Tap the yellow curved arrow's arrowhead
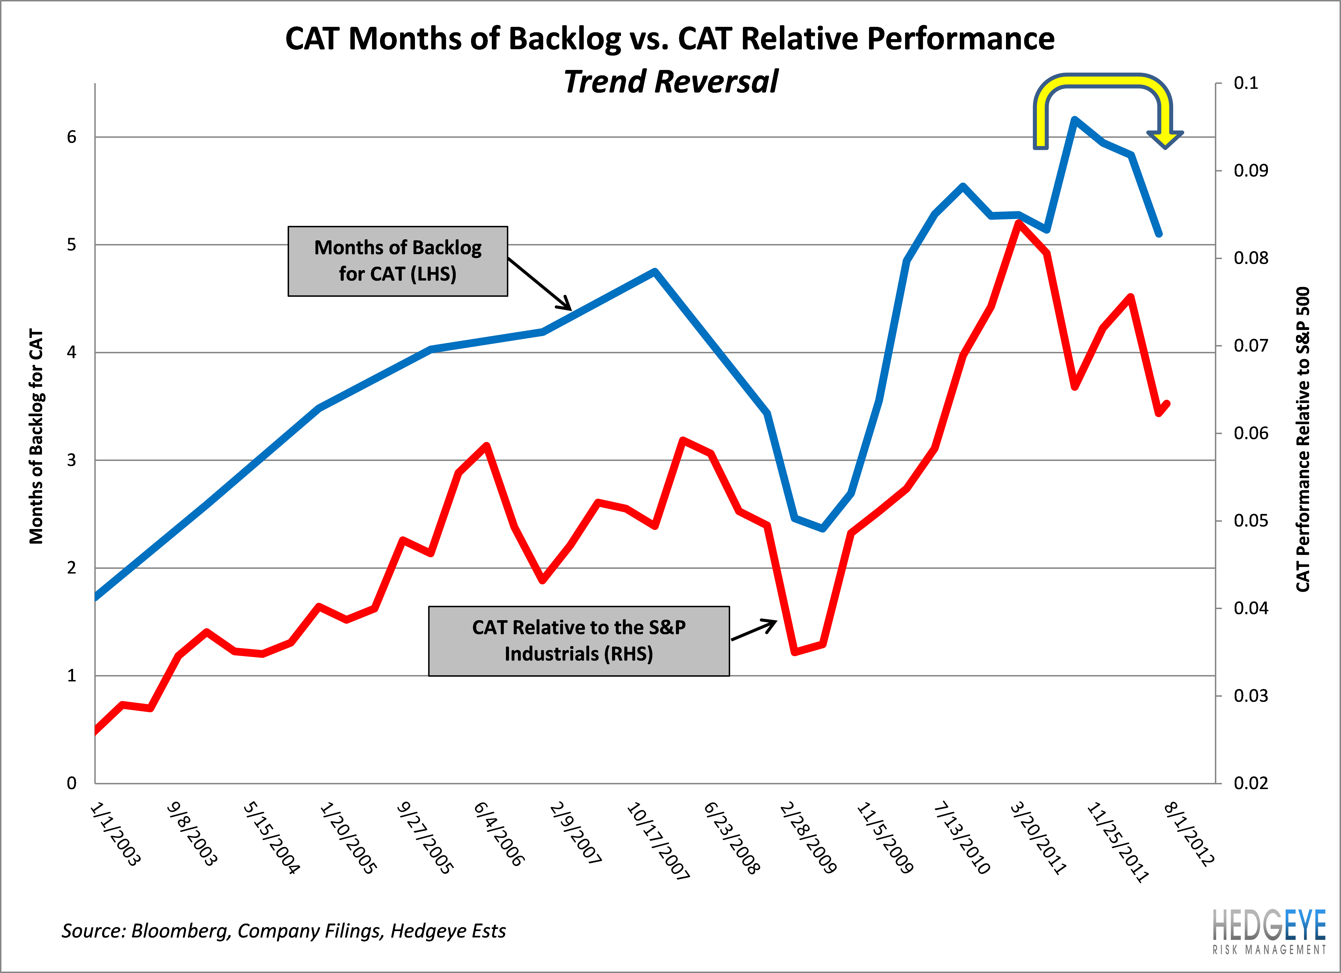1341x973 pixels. [1165, 139]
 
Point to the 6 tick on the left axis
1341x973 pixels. [71, 137]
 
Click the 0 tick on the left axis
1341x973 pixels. [71, 783]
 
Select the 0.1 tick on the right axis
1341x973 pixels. [1246, 83]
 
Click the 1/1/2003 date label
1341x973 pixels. [115, 834]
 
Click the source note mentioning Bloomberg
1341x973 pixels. [284, 931]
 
